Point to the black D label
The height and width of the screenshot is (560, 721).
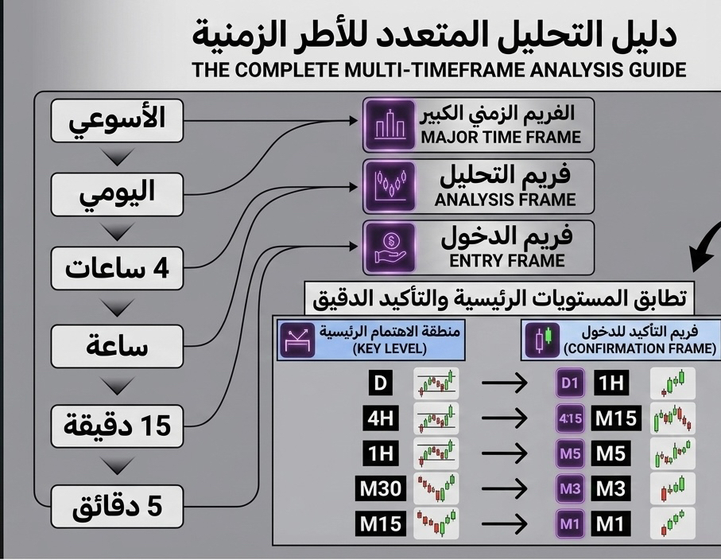pos(381,384)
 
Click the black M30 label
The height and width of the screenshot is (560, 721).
pos(381,488)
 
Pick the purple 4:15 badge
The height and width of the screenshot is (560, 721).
pos(570,418)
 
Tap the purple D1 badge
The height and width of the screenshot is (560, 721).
pos(570,384)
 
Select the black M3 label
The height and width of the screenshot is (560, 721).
pos(611,488)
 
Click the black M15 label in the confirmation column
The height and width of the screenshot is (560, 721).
pos(617,418)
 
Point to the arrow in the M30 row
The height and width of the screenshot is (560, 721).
pos(505,488)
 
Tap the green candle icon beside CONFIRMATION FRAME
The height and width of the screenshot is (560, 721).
pos(543,340)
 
